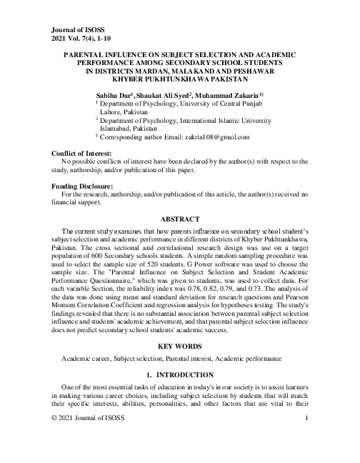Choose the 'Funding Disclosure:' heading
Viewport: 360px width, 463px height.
click(83, 186)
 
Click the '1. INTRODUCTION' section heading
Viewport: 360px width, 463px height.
click(179, 375)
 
